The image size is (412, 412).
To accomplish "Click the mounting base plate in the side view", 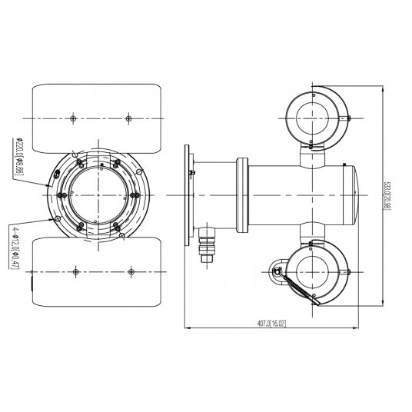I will point(188,196).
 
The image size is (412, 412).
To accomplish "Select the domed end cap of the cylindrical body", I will point(356,196).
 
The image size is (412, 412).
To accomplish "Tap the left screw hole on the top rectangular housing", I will point(71,118).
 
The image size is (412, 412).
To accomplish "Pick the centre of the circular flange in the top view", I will point(99,195).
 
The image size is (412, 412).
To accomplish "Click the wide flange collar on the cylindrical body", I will point(243,196).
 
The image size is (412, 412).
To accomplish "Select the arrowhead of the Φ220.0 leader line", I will point(51,185).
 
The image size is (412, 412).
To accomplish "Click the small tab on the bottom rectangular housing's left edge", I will point(33,284).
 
